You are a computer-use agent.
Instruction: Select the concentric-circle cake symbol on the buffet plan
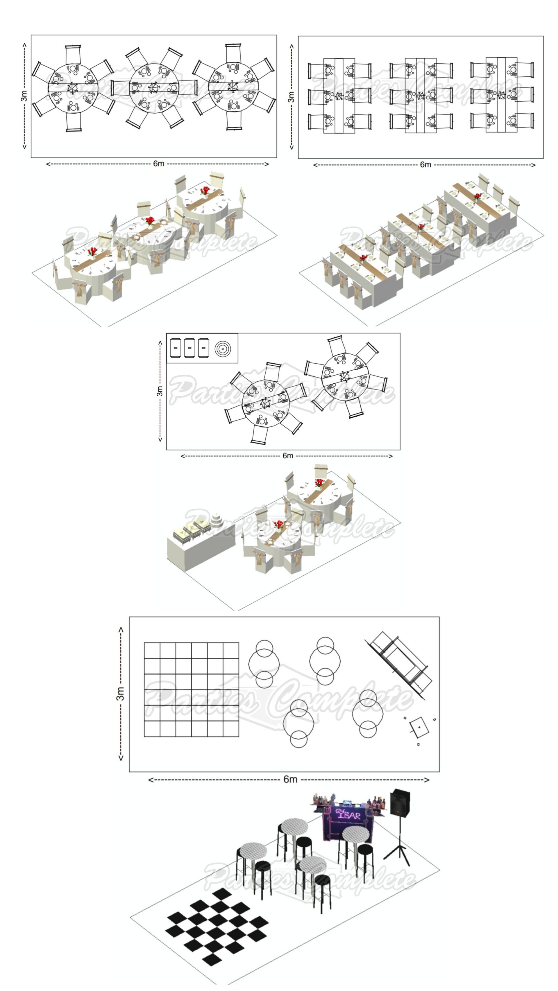point(223,349)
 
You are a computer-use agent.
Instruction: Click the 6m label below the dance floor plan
point(290,779)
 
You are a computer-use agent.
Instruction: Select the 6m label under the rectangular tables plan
point(425,165)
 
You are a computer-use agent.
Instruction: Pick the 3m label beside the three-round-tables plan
point(24,96)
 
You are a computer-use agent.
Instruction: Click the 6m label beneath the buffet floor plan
point(288,456)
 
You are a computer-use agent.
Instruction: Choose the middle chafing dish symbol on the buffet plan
point(189,348)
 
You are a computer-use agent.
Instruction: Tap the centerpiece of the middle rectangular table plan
point(421,95)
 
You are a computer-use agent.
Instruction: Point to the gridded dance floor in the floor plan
point(191,690)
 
